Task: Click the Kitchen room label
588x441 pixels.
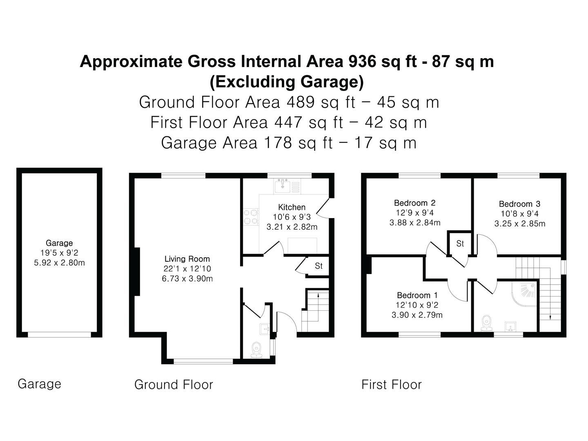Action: tap(292, 207)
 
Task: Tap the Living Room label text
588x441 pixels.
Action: tap(187, 259)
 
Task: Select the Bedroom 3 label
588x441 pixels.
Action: tap(519, 204)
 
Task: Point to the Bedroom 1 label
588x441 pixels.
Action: tap(417, 295)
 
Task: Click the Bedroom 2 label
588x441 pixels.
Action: tap(415, 203)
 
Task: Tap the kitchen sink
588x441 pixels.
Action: tap(282, 186)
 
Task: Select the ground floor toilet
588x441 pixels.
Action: tap(256, 350)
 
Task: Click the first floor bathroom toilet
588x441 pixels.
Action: tap(486, 323)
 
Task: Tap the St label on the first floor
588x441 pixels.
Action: tap(460, 244)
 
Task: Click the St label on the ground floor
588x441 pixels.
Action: tap(319, 266)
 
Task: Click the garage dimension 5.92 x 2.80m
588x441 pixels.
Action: tap(59, 263)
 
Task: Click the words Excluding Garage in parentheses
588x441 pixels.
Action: tap(287, 82)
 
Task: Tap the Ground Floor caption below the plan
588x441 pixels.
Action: tap(174, 385)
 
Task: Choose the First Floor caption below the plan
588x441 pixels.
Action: tap(391, 385)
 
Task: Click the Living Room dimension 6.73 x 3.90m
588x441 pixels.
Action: tap(187, 279)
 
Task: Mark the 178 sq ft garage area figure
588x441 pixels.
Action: tap(298, 143)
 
